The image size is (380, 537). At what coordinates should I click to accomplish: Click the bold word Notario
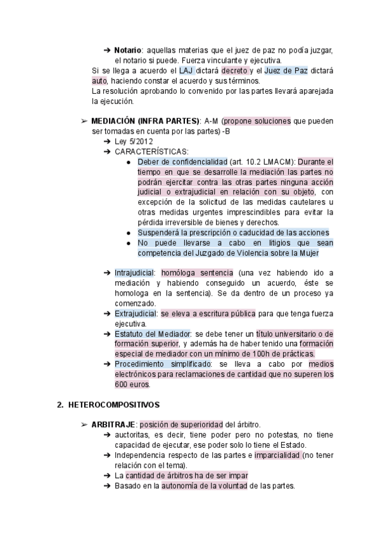click(x=128, y=51)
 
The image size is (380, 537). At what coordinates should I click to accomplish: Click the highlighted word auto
click(x=99, y=80)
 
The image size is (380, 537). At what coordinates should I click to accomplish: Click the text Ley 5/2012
click(x=134, y=141)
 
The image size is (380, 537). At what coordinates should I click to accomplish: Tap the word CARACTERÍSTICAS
click(x=151, y=151)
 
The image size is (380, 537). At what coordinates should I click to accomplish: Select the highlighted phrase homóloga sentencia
click(x=188, y=273)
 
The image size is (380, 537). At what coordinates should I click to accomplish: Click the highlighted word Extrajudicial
click(x=136, y=313)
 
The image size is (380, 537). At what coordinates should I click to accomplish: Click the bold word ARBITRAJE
click(x=113, y=424)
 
